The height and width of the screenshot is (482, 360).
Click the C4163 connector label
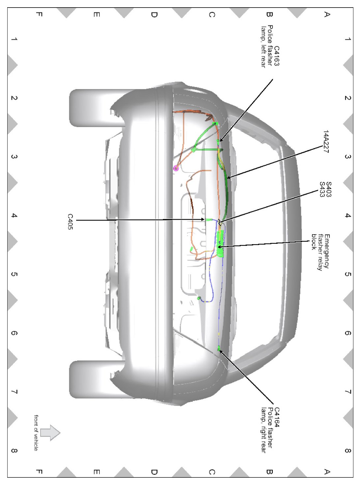tap(277, 56)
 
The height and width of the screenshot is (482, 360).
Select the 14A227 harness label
tap(326, 142)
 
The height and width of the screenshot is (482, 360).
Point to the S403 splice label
tap(328, 189)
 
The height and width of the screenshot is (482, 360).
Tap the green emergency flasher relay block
tap(220, 243)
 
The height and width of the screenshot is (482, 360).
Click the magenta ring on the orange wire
tap(176, 169)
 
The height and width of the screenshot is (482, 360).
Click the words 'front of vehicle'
tap(36, 433)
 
